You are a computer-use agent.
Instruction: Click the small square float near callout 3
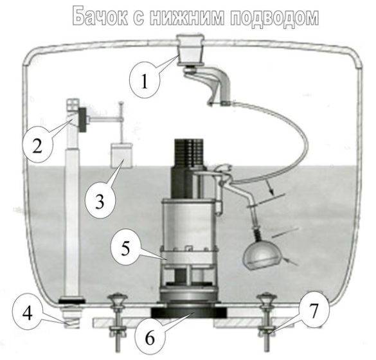[x=120, y=155]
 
